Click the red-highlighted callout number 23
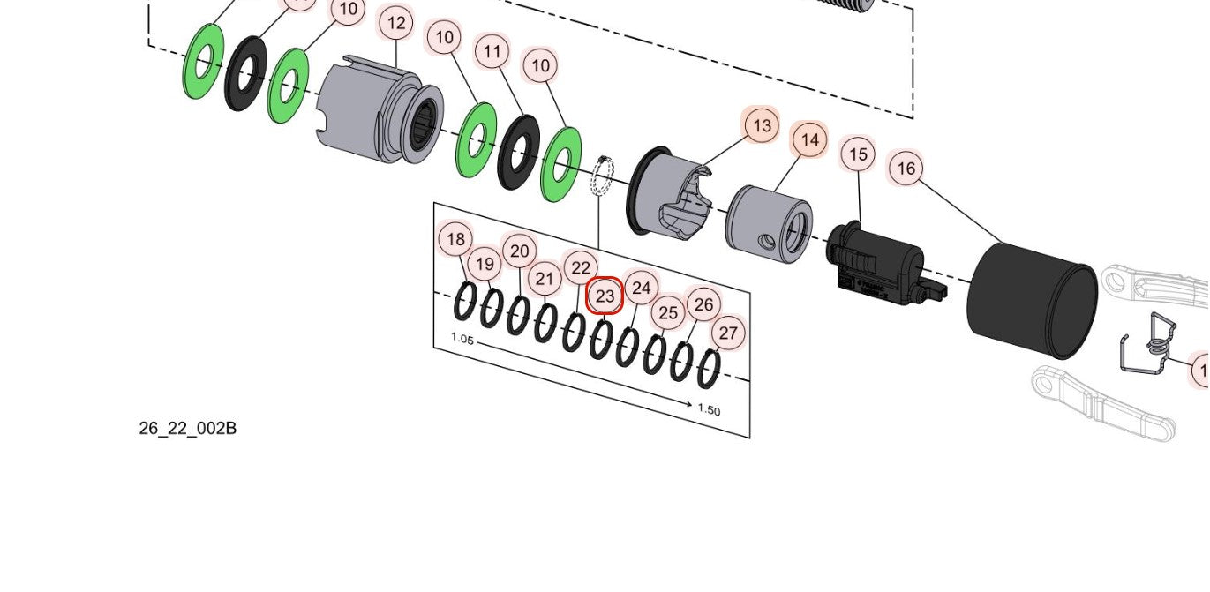tap(605, 296)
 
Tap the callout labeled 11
tap(492, 52)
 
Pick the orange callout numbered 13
tap(762, 125)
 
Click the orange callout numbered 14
tap(810, 139)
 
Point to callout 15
tap(858, 155)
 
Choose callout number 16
tap(906, 168)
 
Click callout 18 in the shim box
tap(455, 239)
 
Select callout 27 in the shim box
tap(728, 333)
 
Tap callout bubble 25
tap(668, 312)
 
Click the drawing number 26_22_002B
tap(188, 429)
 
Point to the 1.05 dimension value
tap(462, 338)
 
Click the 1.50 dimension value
tap(709, 410)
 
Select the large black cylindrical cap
tap(1032, 300)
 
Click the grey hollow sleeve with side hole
tap(768, 224)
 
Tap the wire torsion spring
tap(1151, 345)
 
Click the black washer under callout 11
tap(519, 151)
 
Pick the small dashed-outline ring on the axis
tap(601, 176)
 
